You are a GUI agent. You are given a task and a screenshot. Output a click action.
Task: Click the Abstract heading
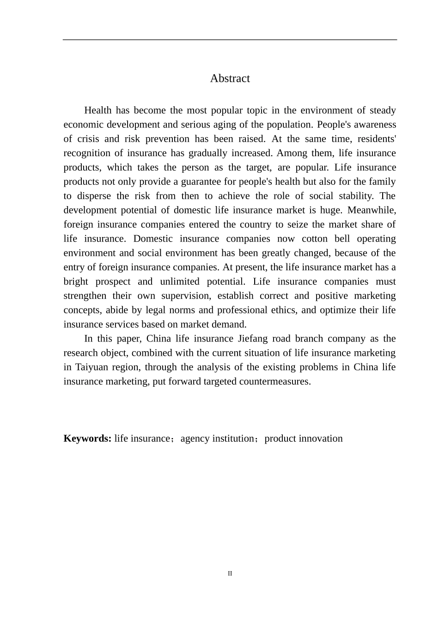coord(230,79)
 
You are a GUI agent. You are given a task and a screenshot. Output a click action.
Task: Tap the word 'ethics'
coord(285,310)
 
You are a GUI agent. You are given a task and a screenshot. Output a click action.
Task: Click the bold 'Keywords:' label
coord(87,439)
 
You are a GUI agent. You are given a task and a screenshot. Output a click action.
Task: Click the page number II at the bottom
coord(230,574)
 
